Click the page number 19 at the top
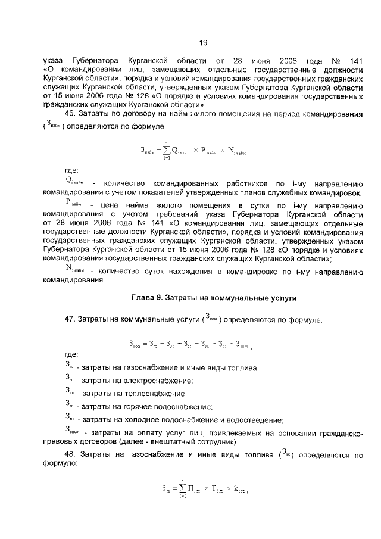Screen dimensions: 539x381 (x=202, y=42)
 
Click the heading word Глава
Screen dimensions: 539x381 (x=144, y=297)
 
